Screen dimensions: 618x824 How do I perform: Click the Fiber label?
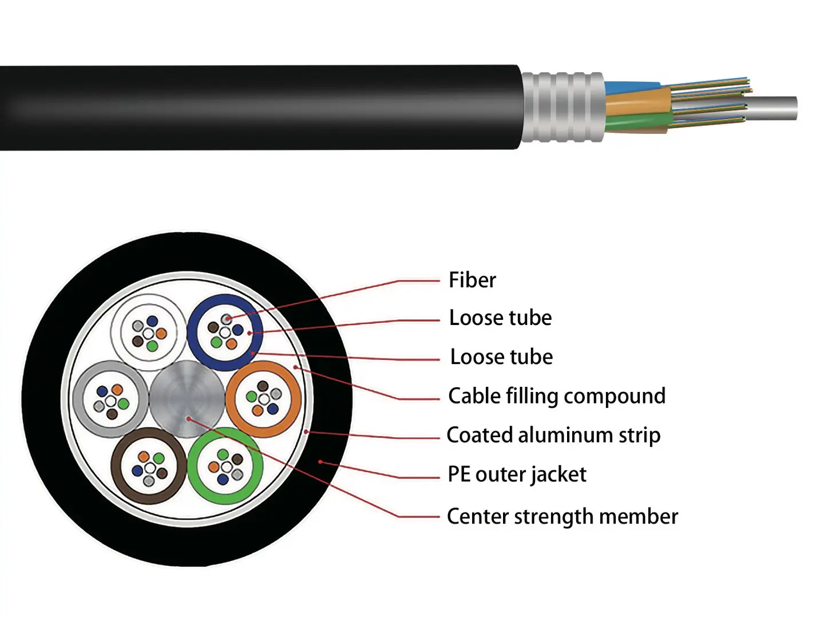click(472, 280)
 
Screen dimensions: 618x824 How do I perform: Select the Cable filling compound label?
click(556, 396)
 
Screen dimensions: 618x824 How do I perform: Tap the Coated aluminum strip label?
click(553, 435)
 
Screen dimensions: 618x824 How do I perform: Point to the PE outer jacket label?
click(517, 474)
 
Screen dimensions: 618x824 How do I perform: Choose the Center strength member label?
click(562, 516)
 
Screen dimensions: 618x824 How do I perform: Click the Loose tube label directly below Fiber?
click(500, 318)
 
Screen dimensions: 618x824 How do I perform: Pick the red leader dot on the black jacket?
click(320, 461)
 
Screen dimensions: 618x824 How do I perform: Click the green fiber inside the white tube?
click(152, 346)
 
